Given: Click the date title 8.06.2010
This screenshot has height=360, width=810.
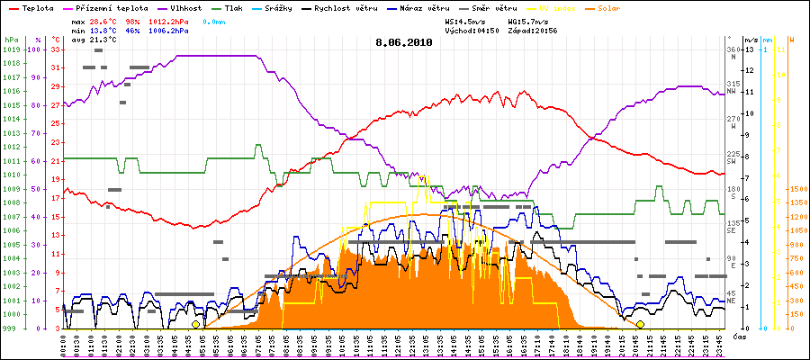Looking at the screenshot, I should tap(404, 41).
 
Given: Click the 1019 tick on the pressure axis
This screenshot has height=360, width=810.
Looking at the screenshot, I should tap(11, 49).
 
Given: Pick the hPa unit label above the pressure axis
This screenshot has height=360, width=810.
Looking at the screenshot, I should tap(11, 40).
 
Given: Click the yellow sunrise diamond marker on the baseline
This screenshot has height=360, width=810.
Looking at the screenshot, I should tap(195, 324).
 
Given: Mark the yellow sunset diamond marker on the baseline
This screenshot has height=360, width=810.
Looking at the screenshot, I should tap(640, 324).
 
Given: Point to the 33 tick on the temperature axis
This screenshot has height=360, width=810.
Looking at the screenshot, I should tap(56, 49).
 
